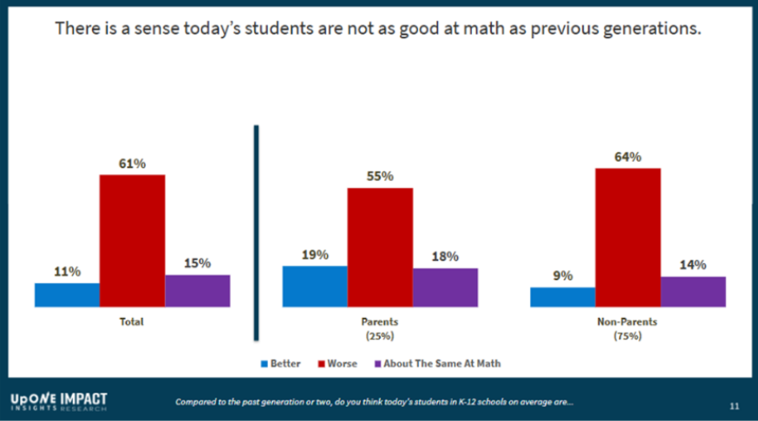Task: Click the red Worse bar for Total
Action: click(132, 240)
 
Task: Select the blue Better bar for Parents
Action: click(315, 286)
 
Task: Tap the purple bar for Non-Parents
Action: click(693, 291)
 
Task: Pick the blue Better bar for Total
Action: click(67, 295)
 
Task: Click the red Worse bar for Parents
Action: click(380, 247)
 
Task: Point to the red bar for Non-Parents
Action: click(628, 236)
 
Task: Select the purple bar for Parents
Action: click(445, 287)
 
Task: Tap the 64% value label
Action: click(628, 157)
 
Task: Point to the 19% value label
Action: click(315, 254)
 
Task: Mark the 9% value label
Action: click(563, 275)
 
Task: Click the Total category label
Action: click(132, 322)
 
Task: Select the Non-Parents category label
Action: click(628, 321)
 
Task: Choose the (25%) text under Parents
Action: click(380, 335)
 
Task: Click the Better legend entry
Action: click(280, 364)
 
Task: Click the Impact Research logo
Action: click(59, 401)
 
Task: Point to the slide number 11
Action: click(734, 405)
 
